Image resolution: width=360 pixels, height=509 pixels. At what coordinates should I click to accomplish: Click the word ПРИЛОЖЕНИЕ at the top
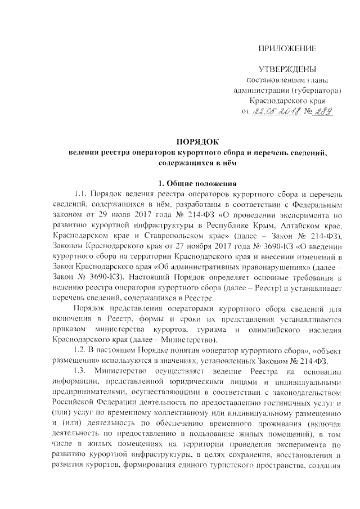(x=287, y=48)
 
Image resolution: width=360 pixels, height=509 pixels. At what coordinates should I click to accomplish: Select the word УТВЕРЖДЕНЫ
(x=286, y=69)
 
